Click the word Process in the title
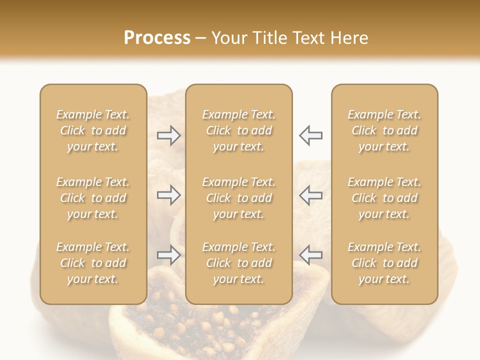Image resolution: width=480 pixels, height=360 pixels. coord(157,38)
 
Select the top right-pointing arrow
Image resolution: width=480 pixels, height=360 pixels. coord(168,135)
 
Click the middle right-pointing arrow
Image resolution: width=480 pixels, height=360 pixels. coord(168,195)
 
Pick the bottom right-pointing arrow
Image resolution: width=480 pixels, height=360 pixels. coord(168,255)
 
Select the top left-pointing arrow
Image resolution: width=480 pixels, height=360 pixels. coord(311,135)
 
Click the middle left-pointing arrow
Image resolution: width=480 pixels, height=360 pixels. coord(311,195)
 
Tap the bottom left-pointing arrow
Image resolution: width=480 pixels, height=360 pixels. coord(311,255)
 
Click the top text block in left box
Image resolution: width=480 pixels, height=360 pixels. coord(93,130)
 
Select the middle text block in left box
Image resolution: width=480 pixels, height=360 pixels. coord(93,198)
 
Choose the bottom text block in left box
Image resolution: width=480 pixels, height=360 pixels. coord(93,263)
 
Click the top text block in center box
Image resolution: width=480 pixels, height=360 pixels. coord(238,130)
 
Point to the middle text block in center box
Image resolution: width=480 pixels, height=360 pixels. coord(238,198)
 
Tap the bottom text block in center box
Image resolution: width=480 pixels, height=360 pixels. coord(238,263)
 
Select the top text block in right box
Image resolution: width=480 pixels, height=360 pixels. coord(384,130)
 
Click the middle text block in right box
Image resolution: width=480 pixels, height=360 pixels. coord(384,198)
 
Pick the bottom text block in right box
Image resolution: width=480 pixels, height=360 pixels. coord(384,263)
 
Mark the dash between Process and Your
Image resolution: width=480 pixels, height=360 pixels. coord(201,38)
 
